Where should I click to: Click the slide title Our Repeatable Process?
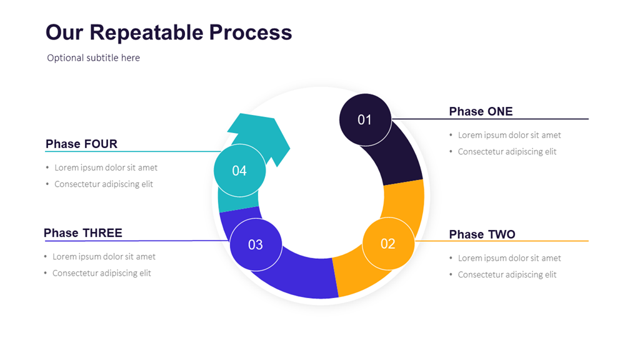[169, 32]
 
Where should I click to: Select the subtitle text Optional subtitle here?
[93, 58]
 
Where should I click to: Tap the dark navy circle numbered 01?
[365, 119]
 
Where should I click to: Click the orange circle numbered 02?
[388, 244]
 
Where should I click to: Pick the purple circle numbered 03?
[256, 245]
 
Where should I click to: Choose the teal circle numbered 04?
[239, 171]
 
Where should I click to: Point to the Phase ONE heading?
[481, 111]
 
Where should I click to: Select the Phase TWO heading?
[482, 234]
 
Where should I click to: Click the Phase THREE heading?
[83, 233]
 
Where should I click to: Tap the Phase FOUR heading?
[81, 144]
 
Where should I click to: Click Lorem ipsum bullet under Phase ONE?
[509, 135]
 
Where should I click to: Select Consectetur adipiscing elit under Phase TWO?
[507, 274]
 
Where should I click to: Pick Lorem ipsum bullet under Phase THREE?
[104, 257]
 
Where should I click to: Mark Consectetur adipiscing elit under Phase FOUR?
[104, 184]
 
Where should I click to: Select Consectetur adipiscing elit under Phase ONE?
[507, 152]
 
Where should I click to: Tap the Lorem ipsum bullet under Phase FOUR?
[106, 167]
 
